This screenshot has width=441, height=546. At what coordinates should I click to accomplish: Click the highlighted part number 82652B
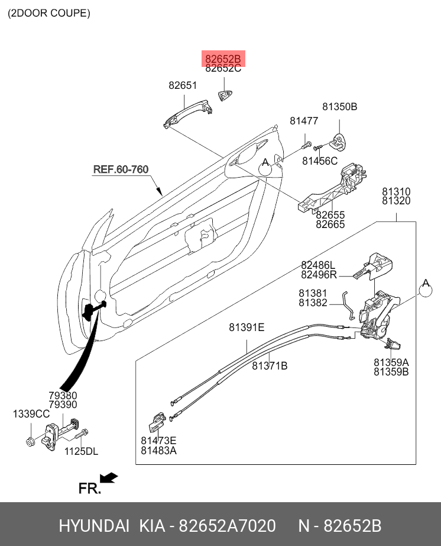pos(223,59)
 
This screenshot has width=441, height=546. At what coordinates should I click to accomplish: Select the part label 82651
pos(183,85)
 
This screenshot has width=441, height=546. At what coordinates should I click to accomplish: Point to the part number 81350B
pos(339,107)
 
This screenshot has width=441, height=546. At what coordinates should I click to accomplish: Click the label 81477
pos(304,121)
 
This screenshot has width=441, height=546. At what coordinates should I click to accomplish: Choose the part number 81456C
pos(320,160)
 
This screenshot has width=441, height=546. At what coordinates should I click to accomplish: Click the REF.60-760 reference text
pos(121,169)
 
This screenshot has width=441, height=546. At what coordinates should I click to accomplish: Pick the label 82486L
pos(318,265)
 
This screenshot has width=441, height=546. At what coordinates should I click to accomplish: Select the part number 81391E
pos(247,327)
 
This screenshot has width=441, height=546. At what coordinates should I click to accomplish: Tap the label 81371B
pos(270,366)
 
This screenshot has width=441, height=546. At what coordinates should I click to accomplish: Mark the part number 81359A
pos(391,362)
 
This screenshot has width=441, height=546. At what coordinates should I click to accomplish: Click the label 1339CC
pos(31,414)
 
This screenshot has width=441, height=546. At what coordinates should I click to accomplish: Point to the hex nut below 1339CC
pos(29,441)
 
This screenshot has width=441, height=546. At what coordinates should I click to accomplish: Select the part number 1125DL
pos(80,452)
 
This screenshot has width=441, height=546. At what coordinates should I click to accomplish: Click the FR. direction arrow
pos(108,477)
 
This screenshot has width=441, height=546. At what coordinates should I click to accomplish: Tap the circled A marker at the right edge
pos(426,288)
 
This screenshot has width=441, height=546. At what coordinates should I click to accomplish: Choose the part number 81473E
pos(158,441)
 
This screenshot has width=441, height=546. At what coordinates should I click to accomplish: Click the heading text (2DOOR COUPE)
pos(49,13)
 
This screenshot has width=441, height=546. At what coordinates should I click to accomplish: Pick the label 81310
pos(395,192)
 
